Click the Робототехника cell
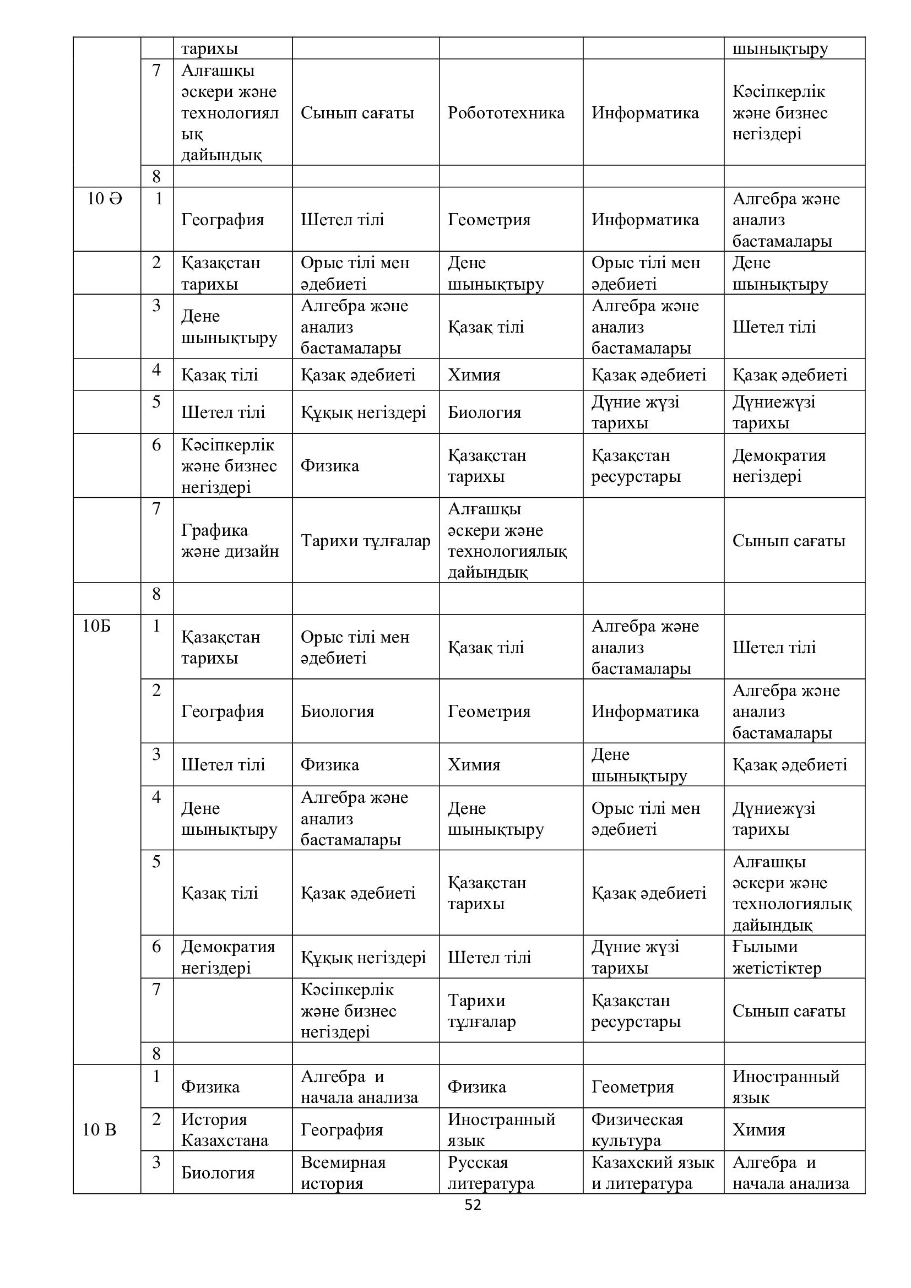(506, 113)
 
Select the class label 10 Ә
(104, 199)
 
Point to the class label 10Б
(96, 626)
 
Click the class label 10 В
(99, 1129)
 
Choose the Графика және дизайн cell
(230, 541)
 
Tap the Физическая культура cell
(637, 1129)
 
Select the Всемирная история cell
(343, 1172)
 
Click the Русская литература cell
(490, 1172)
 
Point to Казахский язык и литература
(652, 1172)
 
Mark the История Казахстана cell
(224, 1129)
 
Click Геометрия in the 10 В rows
(632, 1086)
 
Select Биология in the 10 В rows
(218, 1172)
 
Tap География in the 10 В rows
(341, 1129)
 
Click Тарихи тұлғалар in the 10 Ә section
(365, 541)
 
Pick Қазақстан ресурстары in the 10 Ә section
(636, 466)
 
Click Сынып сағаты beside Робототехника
(357, 113)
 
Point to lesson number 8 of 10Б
(156, 1053)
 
